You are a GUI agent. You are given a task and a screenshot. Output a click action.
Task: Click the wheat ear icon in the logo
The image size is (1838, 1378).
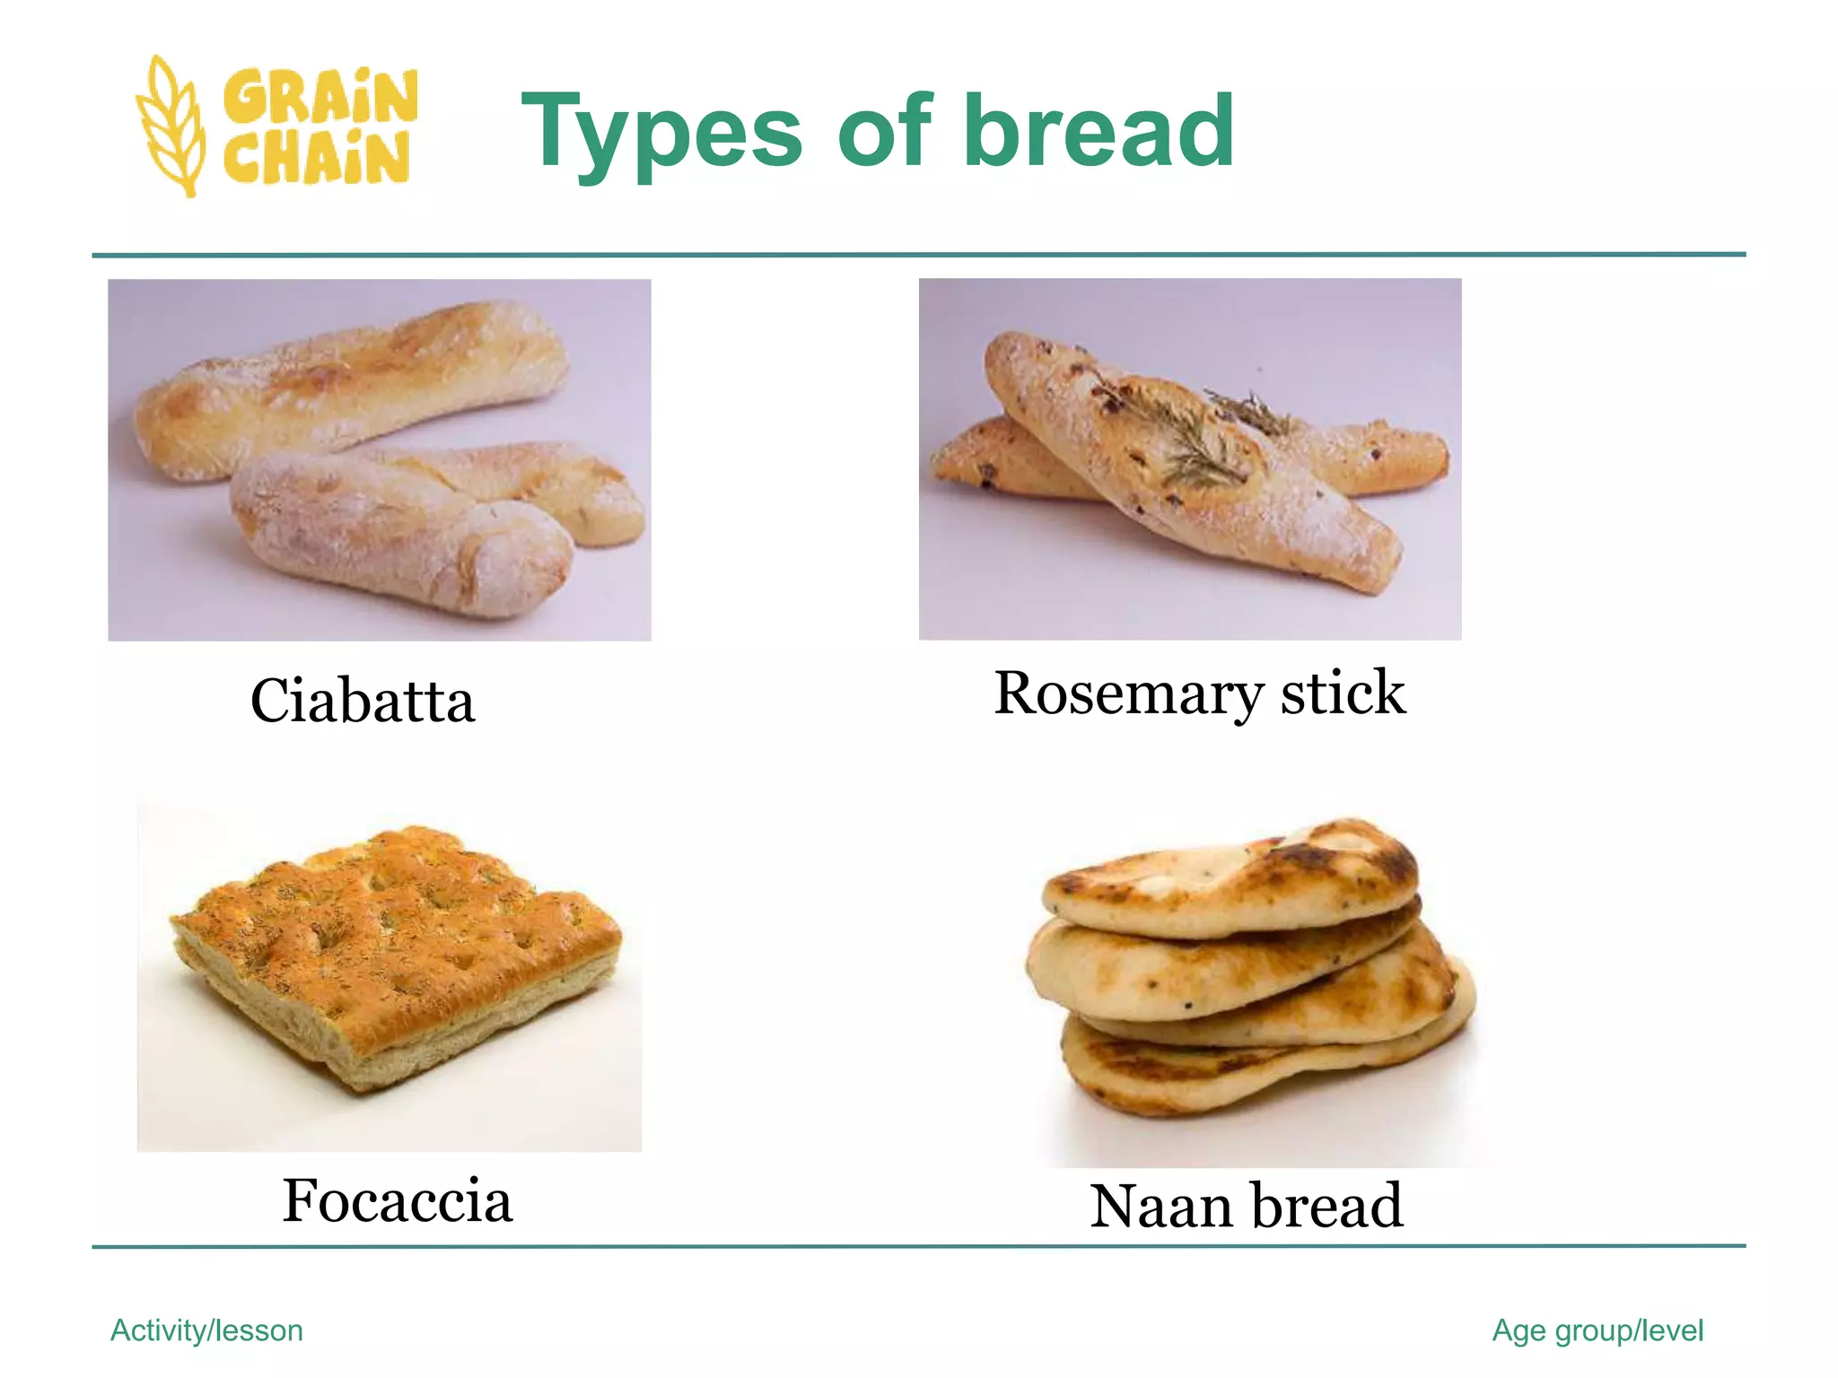(171, 126)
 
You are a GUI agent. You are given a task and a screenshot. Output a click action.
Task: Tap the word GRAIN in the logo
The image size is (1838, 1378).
(319, 96)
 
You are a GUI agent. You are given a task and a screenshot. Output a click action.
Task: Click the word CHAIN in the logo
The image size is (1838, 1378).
(317, 157)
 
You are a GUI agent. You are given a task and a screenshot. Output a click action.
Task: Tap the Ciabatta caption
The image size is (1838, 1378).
(362, 701)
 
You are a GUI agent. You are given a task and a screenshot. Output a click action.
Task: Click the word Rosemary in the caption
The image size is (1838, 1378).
(1128, 693)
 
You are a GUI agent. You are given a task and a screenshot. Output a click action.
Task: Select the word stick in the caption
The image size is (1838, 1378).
(1343, 693)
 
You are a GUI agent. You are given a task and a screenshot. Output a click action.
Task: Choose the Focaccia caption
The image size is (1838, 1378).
(397, 1200)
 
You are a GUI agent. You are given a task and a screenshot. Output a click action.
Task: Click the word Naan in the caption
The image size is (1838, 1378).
(1160, 1206)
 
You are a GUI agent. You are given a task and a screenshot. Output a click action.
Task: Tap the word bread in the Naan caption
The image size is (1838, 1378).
(1327, 1206)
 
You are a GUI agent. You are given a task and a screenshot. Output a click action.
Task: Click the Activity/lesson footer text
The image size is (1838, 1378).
(206, 1330)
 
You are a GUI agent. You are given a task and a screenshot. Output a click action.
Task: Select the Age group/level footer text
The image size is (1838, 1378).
(1597, 1330)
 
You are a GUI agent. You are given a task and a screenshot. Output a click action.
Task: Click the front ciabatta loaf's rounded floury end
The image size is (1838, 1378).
(521, 556)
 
